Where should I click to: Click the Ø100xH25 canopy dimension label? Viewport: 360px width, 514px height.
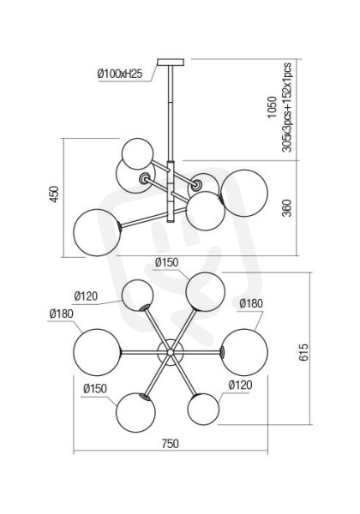(x=120, y=74)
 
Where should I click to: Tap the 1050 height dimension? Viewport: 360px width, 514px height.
(x=272, y=107)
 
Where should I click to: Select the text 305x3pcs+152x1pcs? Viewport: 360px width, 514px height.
(x=286, y=108)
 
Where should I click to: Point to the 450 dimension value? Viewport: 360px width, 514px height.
(x=54, y=194)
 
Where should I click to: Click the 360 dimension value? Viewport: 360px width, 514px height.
(x=287, y=208)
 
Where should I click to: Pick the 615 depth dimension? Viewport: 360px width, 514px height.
(x=303, y=352)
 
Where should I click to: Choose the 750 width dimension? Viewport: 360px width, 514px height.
(x=171, y=444)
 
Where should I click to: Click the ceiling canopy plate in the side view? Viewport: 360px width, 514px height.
(x=171, y=63)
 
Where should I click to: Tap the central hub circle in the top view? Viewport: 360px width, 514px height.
(x=171, y=352)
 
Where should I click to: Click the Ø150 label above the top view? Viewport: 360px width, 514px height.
(x=166, y=263)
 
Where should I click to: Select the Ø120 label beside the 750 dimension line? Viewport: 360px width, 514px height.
(x=240, y=385)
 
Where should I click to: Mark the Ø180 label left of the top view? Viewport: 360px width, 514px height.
(x=62, y=314)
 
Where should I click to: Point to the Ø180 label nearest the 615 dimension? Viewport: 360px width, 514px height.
(x=251, y=303)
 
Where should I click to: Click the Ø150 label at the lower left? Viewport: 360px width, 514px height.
(x=95, y=389)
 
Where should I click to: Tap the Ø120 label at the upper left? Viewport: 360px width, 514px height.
(x=86, y=296)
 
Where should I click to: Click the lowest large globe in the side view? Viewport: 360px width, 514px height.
(x=98, y=232)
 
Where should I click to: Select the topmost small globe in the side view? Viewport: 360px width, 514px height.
(x=137, y=153)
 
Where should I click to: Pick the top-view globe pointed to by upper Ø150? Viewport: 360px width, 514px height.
(x=205, y=292)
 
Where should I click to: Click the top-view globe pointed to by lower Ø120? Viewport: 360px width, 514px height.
(x=203, y=409)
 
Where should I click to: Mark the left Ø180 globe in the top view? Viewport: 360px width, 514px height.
(x=97, y=352)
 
